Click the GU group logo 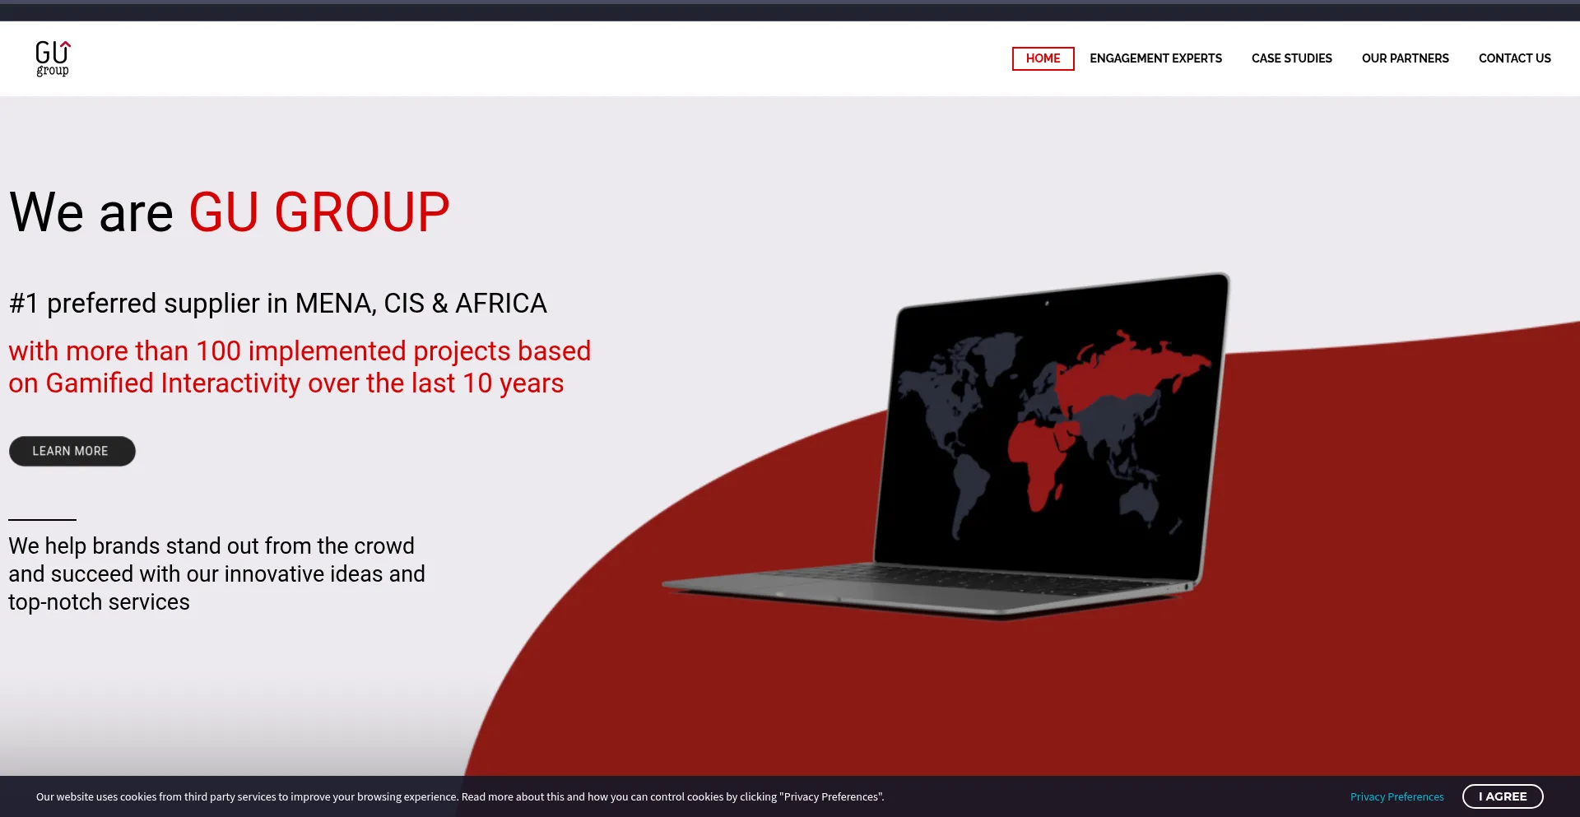tap(53, 58)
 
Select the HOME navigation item tap(1043, 58)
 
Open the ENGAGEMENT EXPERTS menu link tap(1155, 58)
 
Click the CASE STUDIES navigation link tap(1291, 58)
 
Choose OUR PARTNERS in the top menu tap(1405, 58)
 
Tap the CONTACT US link tap(1514, 58)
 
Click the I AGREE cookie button tap(1503, 796)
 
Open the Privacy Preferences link tap(1396, 796)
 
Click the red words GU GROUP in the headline tap(319, 212)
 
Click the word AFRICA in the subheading tap(501, 304)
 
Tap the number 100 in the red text tap(218, 351)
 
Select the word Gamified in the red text tap(100, 383)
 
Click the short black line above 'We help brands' tap(42, 520)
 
